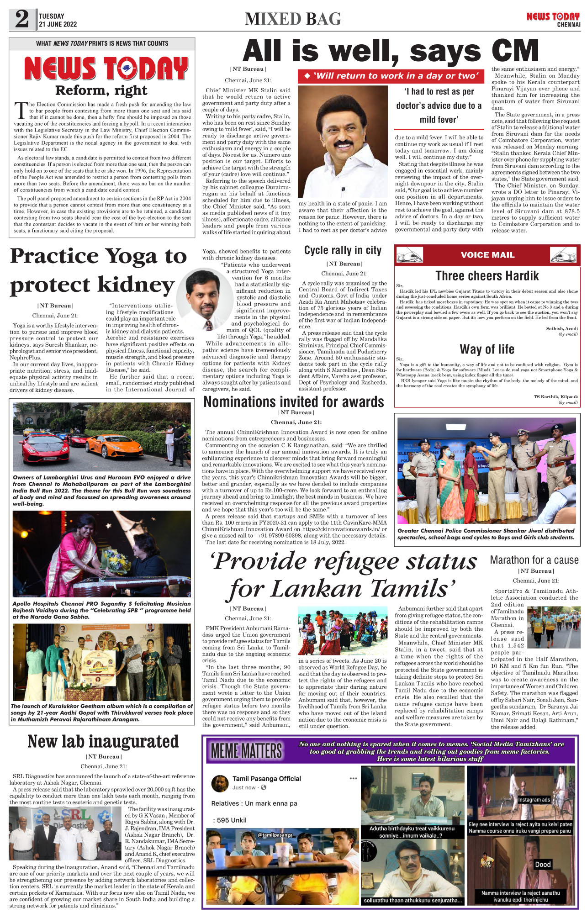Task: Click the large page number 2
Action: click(22, 19)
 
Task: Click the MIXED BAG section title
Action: click(293, 19)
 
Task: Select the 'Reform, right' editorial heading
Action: click(101, 90)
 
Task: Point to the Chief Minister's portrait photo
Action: click(343, 142)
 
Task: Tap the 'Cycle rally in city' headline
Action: click(343, 250)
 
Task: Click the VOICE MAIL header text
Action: click(487, 255)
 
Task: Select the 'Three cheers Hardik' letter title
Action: click(487, 276)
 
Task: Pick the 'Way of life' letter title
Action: click(487, 349)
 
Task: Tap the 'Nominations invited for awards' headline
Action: click(294, 402)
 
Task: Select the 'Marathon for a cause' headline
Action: click(534, 560)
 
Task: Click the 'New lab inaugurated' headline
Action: click(103, 741)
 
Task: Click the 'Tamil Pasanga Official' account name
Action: click(267, 779)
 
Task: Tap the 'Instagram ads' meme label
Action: click(534, 800)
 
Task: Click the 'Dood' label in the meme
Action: click(543, 864)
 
